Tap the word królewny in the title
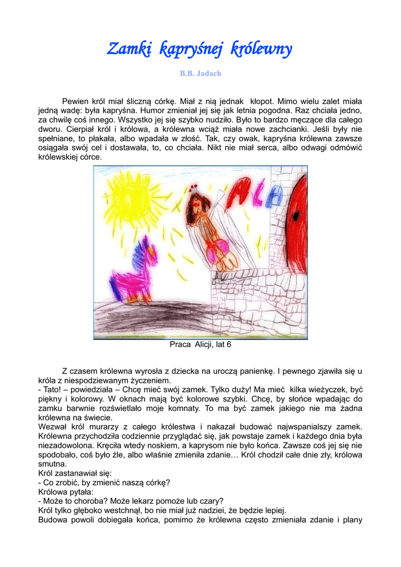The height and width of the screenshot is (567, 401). point(261,50)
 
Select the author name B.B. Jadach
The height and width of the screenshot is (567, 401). point(200,74)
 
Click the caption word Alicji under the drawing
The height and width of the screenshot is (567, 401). point(203,344)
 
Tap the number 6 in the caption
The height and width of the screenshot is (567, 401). point(229,344)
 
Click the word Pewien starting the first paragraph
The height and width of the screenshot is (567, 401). point(76,101)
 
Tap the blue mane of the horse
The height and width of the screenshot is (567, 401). point(137,255)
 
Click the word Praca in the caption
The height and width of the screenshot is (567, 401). point(180,344)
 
